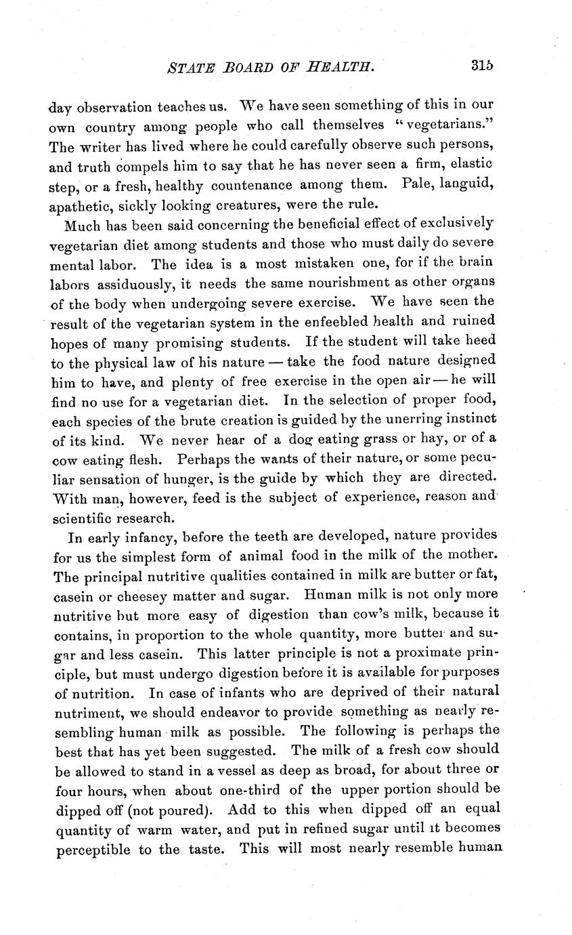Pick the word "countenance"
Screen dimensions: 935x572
click(234, 184)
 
